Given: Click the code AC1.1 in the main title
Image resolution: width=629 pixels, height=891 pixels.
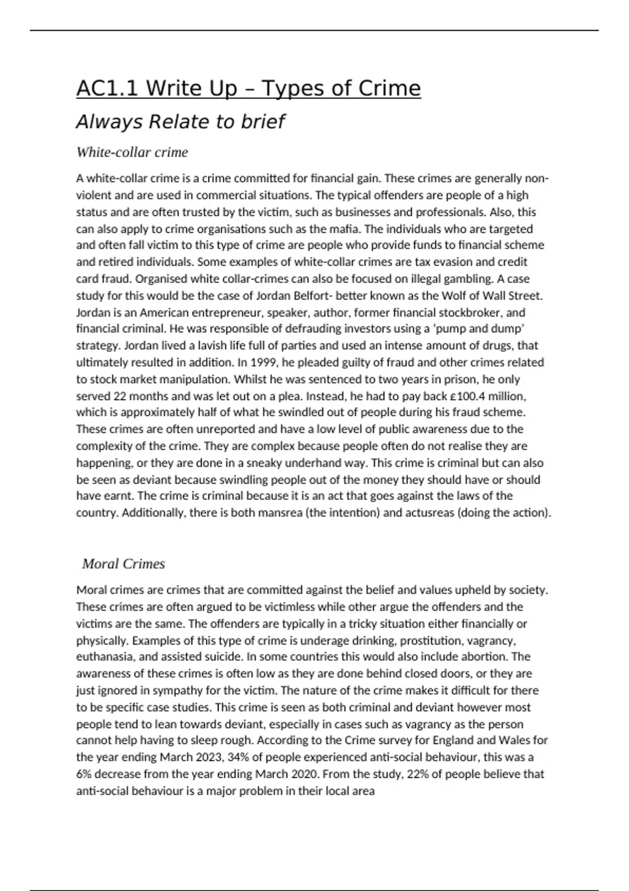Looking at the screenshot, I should [107, 89].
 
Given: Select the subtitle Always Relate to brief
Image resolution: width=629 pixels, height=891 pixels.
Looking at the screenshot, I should [180, 122].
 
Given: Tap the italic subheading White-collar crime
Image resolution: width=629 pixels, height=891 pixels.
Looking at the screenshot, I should [132, 153].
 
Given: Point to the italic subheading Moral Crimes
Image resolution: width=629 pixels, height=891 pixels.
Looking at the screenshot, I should [123, 564].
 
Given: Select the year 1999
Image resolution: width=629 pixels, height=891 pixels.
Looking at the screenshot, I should [263, 362].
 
